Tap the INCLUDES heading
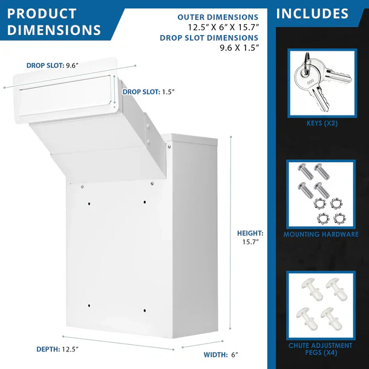tap(312, 14)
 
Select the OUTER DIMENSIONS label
tap(218, 18)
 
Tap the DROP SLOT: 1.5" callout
tap(149, 92)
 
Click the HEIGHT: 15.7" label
tap(250, 237)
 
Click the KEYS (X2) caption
tap(321, 123)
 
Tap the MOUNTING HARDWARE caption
tap(321, 234)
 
